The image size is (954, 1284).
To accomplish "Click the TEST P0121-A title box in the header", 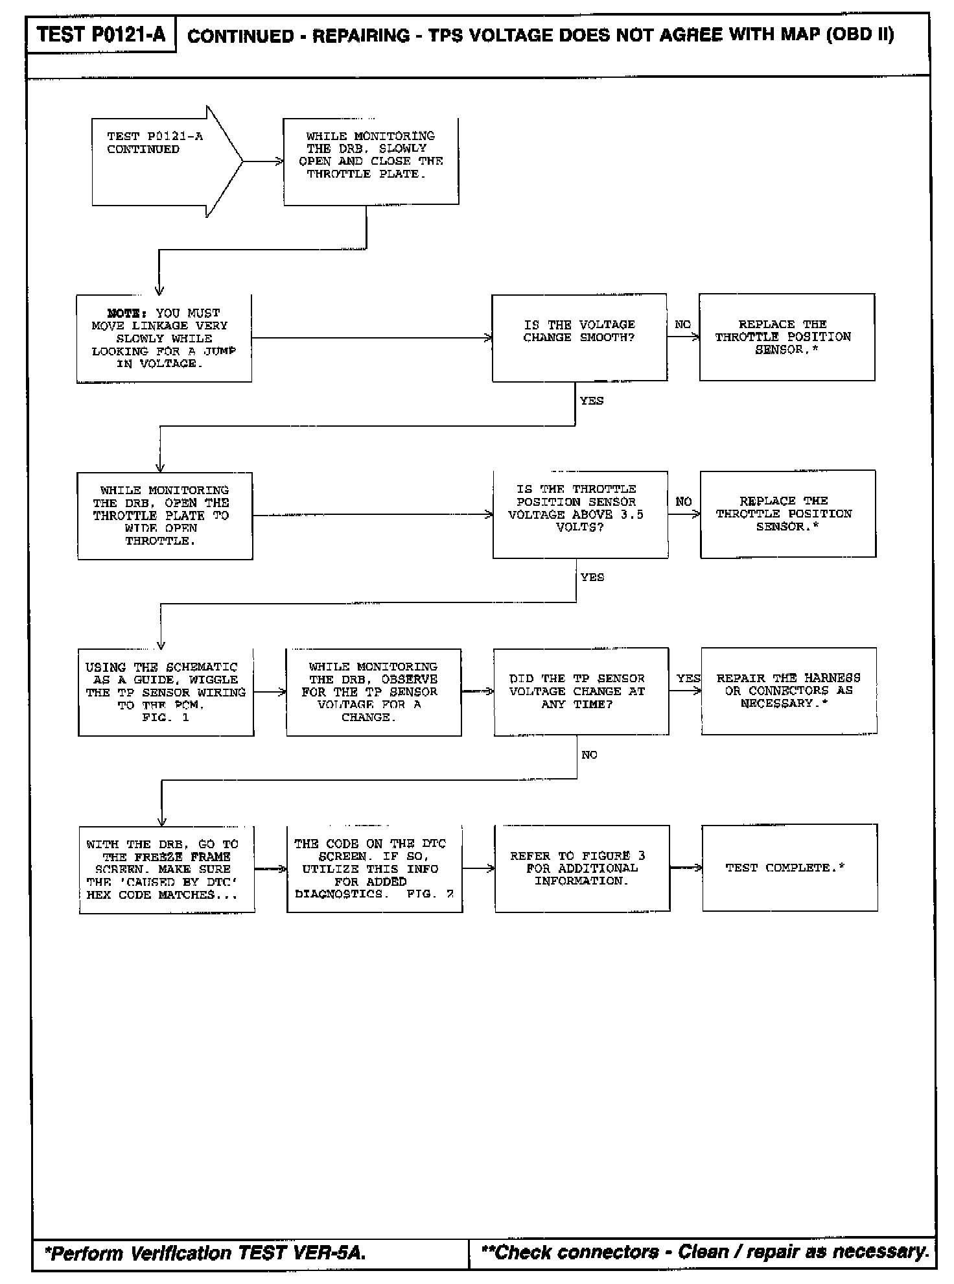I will tap(101, 34).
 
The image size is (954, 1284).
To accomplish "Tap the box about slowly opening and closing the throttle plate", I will tap(371, 161).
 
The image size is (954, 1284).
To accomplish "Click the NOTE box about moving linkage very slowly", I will tap(164, 339).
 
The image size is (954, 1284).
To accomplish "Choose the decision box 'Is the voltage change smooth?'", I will tap(579, 338).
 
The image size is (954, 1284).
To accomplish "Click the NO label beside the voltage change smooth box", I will tap(682, 325).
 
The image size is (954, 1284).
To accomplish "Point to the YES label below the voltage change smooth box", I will tap(592, 401).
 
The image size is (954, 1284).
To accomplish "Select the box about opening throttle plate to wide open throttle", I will tap(165, 516).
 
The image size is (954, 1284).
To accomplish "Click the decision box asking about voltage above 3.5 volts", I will tap(580, 515).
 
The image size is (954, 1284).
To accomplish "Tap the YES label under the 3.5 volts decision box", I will tap(592, 577).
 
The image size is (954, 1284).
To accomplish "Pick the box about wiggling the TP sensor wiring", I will tap(166, 693).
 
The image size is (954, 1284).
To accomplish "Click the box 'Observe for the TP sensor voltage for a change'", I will tap(373, 693).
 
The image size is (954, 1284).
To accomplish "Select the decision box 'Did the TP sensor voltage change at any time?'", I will tap(581, 692).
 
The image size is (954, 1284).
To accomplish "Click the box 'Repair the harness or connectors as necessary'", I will tap(789, 691).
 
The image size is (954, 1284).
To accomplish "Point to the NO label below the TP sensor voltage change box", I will tap(589, 755).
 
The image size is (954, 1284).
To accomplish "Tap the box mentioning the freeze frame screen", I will tap(167, 870).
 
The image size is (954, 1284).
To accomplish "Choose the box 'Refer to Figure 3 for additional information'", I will tap(582, 869).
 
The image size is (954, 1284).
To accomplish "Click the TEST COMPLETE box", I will tap(789, 868).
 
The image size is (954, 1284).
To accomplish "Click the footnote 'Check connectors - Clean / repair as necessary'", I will tap(704, 1252).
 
